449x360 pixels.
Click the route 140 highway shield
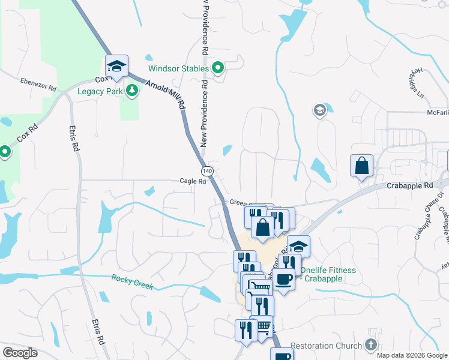(x=207, y=171)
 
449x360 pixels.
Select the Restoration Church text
(x=327, y=346)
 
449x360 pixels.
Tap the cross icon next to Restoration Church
(x=371, y=345)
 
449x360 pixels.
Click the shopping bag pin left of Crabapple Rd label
(x=362, y=166)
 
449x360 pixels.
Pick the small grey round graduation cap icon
(x=319, y=110)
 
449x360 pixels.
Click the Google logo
(x=20, y=353)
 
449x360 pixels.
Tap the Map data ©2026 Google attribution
(x=411, y=355)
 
